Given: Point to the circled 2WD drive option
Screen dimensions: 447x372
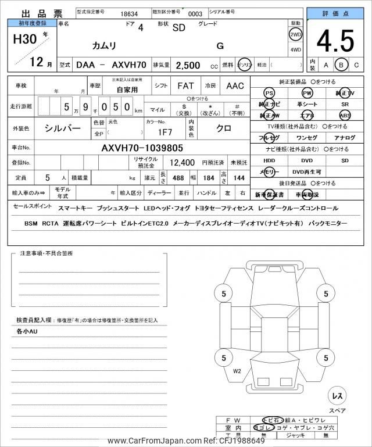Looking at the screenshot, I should pos(295,34).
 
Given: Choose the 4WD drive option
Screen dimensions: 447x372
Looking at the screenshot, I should pos(295,49).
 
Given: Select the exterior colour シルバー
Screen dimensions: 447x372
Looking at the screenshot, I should pos(63,127).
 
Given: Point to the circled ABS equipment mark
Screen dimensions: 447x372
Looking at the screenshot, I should pos(345,115).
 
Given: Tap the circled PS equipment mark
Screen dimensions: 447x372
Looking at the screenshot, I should pos(269,93).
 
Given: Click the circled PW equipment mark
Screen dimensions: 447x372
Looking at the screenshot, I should pos(307,93).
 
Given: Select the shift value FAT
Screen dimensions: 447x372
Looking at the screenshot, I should pos(185,86).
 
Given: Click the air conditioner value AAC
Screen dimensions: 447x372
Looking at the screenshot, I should pos(235,86).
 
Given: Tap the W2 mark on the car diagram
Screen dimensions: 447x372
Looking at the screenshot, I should pos(237,370).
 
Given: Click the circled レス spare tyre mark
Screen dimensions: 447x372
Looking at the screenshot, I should pos(337,395).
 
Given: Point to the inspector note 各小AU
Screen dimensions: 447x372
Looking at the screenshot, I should pos(27,331).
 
